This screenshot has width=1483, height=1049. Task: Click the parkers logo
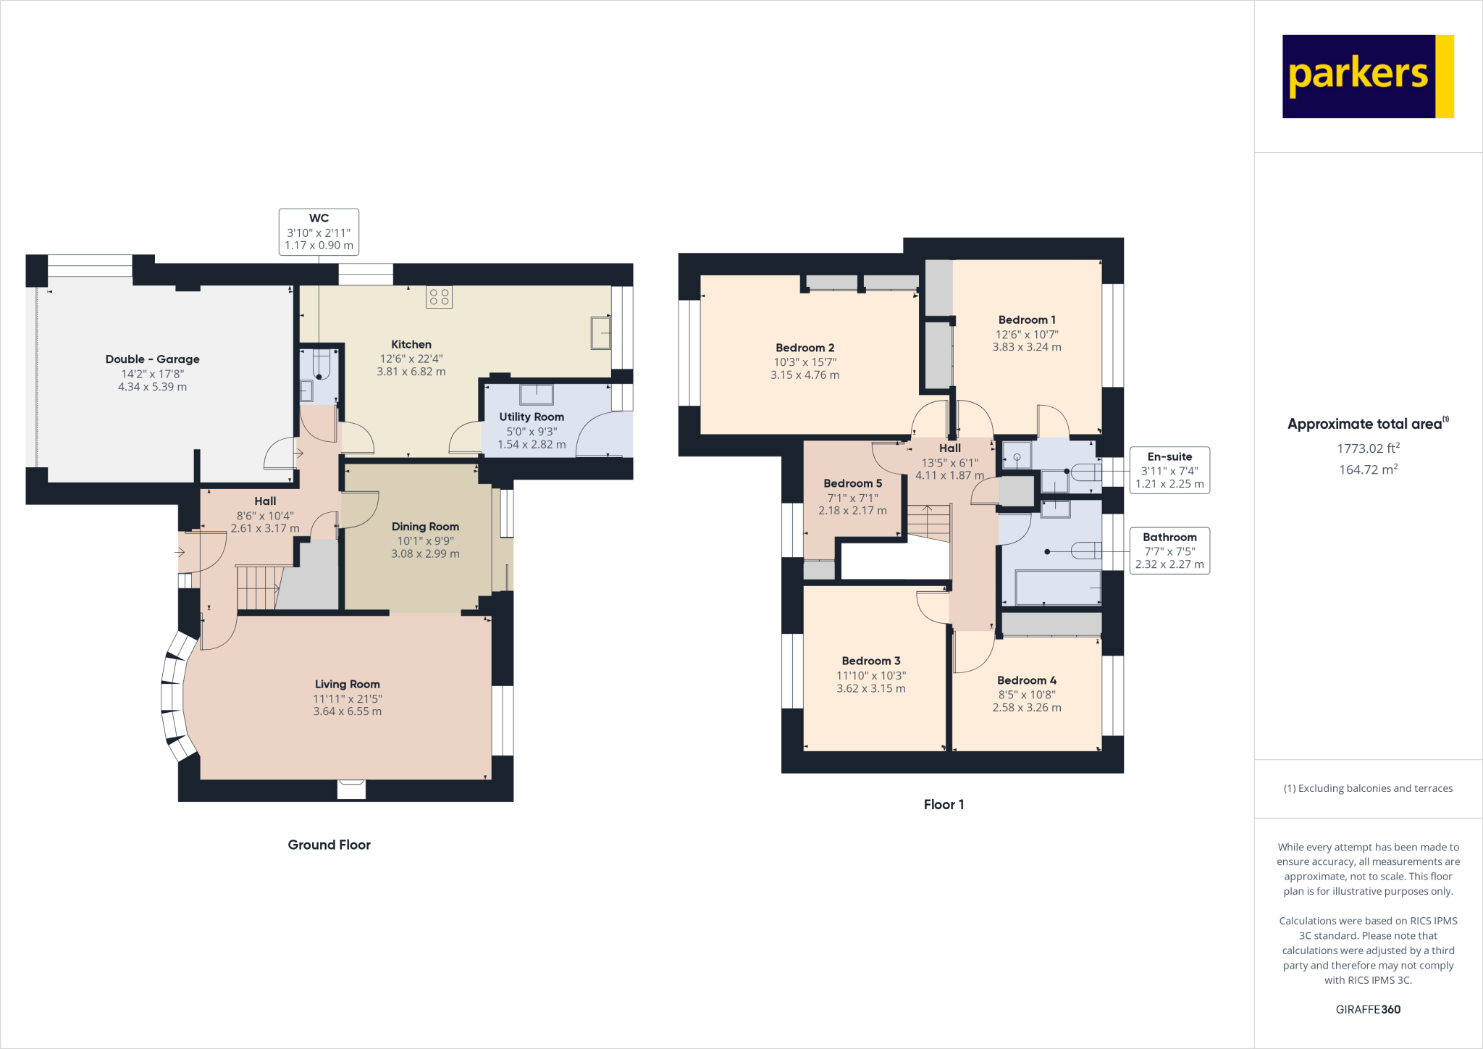1367,76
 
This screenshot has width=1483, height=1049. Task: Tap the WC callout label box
319,232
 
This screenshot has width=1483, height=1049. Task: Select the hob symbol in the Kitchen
439,297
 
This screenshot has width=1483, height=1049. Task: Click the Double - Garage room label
152,359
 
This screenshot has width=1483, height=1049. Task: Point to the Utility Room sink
536,395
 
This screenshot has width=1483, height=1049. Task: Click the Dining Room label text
425,527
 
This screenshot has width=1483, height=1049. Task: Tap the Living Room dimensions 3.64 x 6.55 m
347,711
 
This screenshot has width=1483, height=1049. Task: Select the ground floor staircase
257,588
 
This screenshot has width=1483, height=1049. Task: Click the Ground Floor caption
329,845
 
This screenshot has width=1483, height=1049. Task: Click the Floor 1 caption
944,805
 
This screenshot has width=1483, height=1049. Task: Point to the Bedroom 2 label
804,348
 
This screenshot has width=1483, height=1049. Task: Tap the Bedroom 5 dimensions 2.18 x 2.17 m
852,511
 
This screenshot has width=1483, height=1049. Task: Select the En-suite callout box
1169,470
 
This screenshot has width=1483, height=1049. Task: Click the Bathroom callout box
1169,551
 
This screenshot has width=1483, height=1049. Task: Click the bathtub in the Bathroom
1057,588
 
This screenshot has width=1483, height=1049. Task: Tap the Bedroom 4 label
1026,680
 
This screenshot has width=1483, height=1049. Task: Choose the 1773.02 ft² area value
1367,448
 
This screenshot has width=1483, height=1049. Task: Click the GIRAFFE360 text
1367,1009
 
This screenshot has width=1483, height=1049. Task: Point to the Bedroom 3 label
870,661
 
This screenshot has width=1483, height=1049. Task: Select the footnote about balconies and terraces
1367,788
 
